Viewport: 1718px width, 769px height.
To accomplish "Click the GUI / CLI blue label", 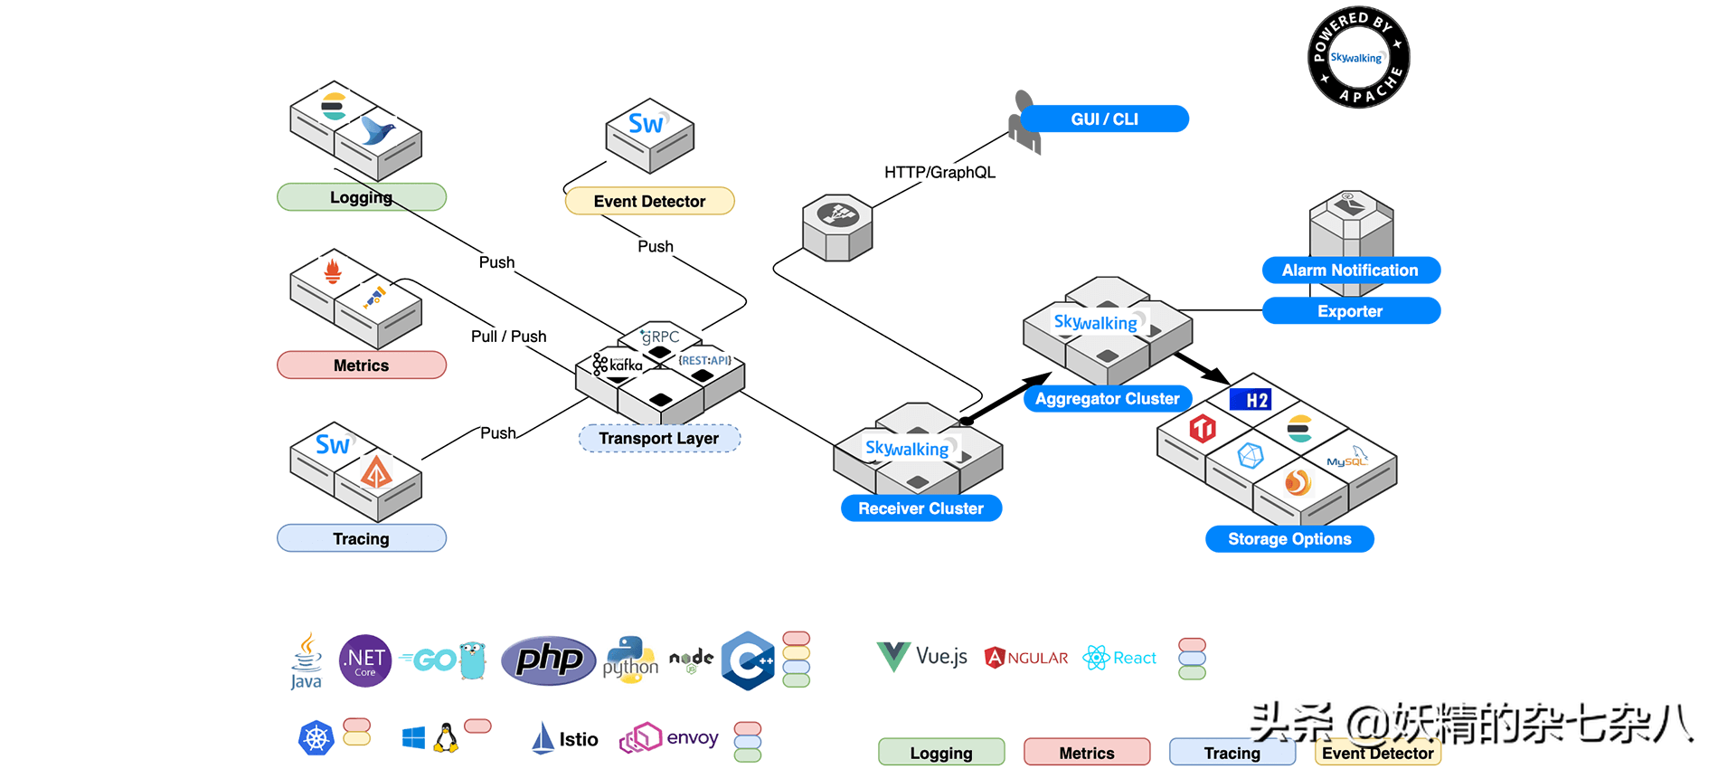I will (1104, 119).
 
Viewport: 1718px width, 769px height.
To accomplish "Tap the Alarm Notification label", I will (1350, 270).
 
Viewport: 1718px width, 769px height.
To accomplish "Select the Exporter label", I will (1350, 310).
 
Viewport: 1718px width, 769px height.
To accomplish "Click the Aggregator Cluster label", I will (1107, 398).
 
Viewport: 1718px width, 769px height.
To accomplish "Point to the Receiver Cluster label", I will (920, 508).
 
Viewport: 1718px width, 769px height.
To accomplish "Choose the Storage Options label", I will (1289, 538).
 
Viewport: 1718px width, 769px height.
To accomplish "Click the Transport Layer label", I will (658, 438).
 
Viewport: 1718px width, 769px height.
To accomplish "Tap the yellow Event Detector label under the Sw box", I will (649, 201).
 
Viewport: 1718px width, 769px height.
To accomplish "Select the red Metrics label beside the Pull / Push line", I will (361, 365).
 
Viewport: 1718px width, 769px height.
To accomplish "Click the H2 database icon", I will (1251, 399).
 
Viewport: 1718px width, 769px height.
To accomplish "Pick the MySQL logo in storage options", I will (1346, 459).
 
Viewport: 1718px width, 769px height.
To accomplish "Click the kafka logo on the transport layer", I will (618, 365).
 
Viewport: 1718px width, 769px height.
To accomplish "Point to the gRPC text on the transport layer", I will (660, 337).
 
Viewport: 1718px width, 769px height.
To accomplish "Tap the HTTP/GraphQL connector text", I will (939, 172).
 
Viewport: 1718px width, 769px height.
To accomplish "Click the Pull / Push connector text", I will (508, 336).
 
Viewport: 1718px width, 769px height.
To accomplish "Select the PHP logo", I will (548, 660).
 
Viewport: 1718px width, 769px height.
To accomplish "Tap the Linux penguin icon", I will (446, 738).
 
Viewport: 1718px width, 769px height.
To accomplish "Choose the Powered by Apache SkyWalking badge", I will (1358, 58).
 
